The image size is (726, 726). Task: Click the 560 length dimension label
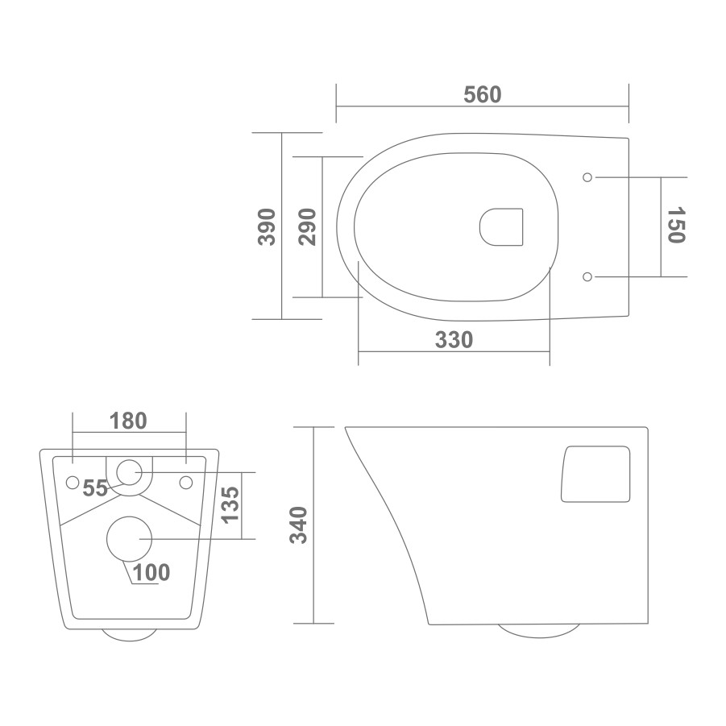click(483, 94)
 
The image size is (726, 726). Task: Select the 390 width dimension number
click(267, 227)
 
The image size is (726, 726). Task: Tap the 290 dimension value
click(308, 227)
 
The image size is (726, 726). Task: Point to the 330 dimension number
click(454, 340)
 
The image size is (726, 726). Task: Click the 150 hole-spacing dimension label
click(677, 225)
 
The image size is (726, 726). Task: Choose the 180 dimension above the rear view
click(128, 421)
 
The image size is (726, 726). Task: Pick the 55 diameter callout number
click(95, 488)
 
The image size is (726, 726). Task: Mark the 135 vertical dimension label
click(230, 505)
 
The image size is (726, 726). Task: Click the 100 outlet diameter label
click(151, 573)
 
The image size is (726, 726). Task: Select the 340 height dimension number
click(298, 525)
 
